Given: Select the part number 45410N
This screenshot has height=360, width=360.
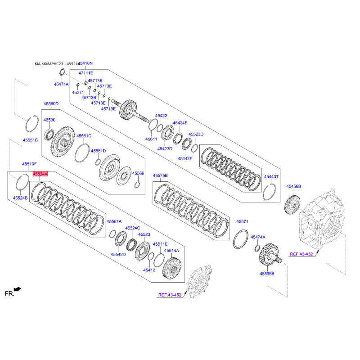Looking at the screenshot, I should point(85,63).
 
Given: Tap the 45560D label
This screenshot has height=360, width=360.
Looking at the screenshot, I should point(51,104).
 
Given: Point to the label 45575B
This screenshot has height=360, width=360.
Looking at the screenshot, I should point(160,175).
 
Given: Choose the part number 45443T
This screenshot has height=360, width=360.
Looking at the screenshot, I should point(271,177).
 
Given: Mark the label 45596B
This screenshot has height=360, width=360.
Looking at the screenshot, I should point(266,274).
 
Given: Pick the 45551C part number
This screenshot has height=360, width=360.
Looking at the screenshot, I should point(30,140).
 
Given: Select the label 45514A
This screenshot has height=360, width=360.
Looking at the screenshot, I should point(171,250).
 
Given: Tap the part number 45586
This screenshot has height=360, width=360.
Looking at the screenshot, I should point(138,173).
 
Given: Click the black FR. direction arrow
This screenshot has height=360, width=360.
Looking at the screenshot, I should point(18,289).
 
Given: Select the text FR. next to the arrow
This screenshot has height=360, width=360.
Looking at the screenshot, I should point(9,294).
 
